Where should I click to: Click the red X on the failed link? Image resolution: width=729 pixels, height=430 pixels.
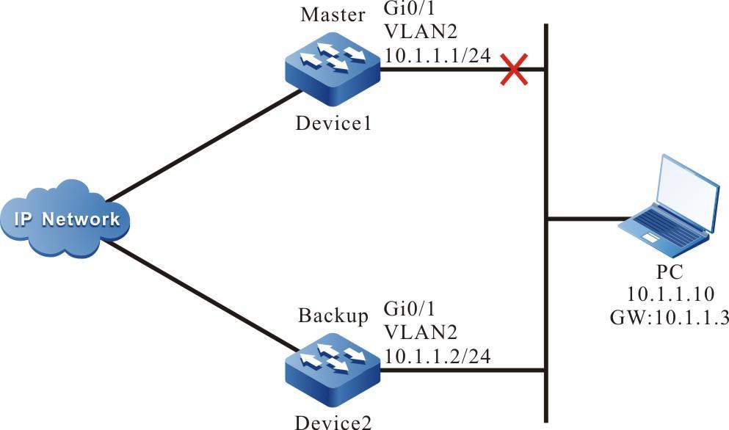click(514, 70)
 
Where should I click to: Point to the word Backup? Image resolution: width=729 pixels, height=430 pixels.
click(332, 317)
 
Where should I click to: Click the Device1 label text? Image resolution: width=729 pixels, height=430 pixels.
click(332, 123)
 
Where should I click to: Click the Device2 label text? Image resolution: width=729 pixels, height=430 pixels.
click(332, 422)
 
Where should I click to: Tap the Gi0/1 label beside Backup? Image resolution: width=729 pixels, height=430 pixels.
click(405, 313)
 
